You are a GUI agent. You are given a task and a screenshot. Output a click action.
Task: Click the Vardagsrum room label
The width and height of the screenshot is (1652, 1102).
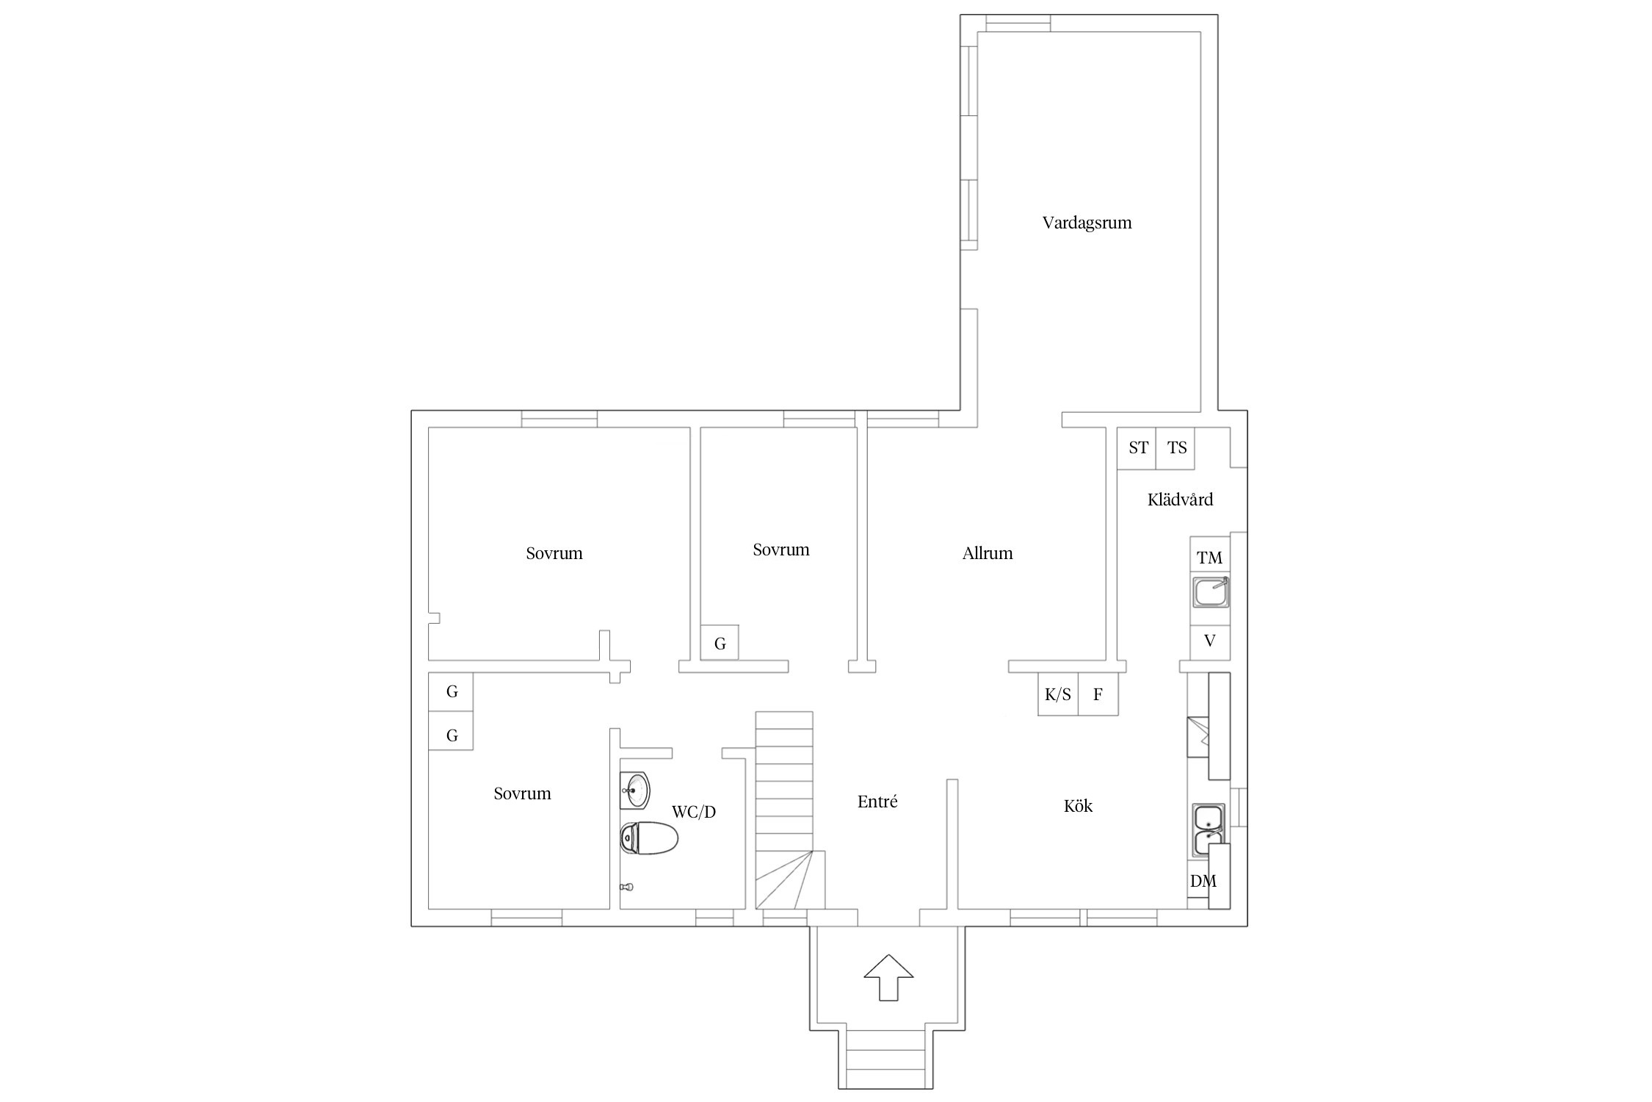pyautogui.click(x=1087, y=223)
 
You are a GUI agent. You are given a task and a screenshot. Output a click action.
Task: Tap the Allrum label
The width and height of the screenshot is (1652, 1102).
pyautogui.click(x=988, y=553)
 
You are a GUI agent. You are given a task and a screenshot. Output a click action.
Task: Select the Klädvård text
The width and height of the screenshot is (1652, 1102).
pyautogui.click(x=1180, y=500)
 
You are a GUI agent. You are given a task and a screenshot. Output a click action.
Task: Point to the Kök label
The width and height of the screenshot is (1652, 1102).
pyautogui.click(x=1078, y=806)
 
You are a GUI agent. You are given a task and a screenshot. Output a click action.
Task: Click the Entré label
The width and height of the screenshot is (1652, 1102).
pyautogui.click(x=877, y=802)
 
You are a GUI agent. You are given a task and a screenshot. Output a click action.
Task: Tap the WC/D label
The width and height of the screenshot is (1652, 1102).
pyautogui.click(x=694, y=812)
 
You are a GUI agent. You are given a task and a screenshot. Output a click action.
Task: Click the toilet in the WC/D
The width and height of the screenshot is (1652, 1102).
pyautogui.click(x=648, y=838)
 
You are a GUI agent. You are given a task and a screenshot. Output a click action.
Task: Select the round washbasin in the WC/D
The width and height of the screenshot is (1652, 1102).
pyautogui.click(x=635, y=791)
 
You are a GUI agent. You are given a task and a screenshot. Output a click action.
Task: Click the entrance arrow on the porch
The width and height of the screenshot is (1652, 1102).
pyautogui.click(x=888, y=977)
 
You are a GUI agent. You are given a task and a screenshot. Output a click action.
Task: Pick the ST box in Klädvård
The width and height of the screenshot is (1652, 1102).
pyautogui.click(x=1137, y=448)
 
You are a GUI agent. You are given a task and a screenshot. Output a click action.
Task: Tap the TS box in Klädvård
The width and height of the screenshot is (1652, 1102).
pyautogui.click(x=1175, y=448)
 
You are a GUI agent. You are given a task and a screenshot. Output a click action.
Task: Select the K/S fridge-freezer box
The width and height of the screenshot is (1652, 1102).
pyautogui.click(x=1058, y=694)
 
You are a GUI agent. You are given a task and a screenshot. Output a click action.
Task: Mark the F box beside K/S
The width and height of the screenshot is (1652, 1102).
pyautogui.click(x=1098, y=694)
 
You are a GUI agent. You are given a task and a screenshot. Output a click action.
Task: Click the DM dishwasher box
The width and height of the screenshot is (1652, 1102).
pyautogui.click(x=1203, y=882)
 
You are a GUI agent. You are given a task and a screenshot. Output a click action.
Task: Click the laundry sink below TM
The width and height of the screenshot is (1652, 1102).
pyautogui.click(x=1210, y=592)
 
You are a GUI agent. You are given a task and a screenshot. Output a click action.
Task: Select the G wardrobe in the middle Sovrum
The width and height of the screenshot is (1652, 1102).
pyautogui.click(x=720, y=643)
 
